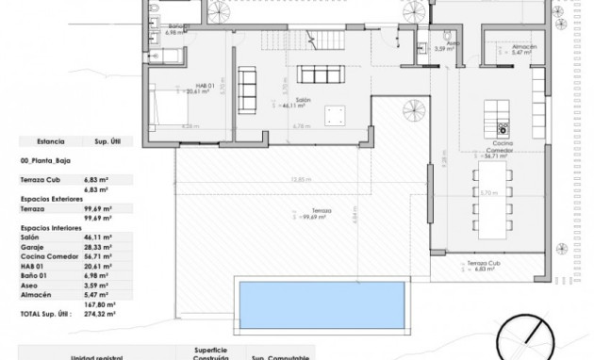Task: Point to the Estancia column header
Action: [50, 141]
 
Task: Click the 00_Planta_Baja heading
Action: [45, 161]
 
